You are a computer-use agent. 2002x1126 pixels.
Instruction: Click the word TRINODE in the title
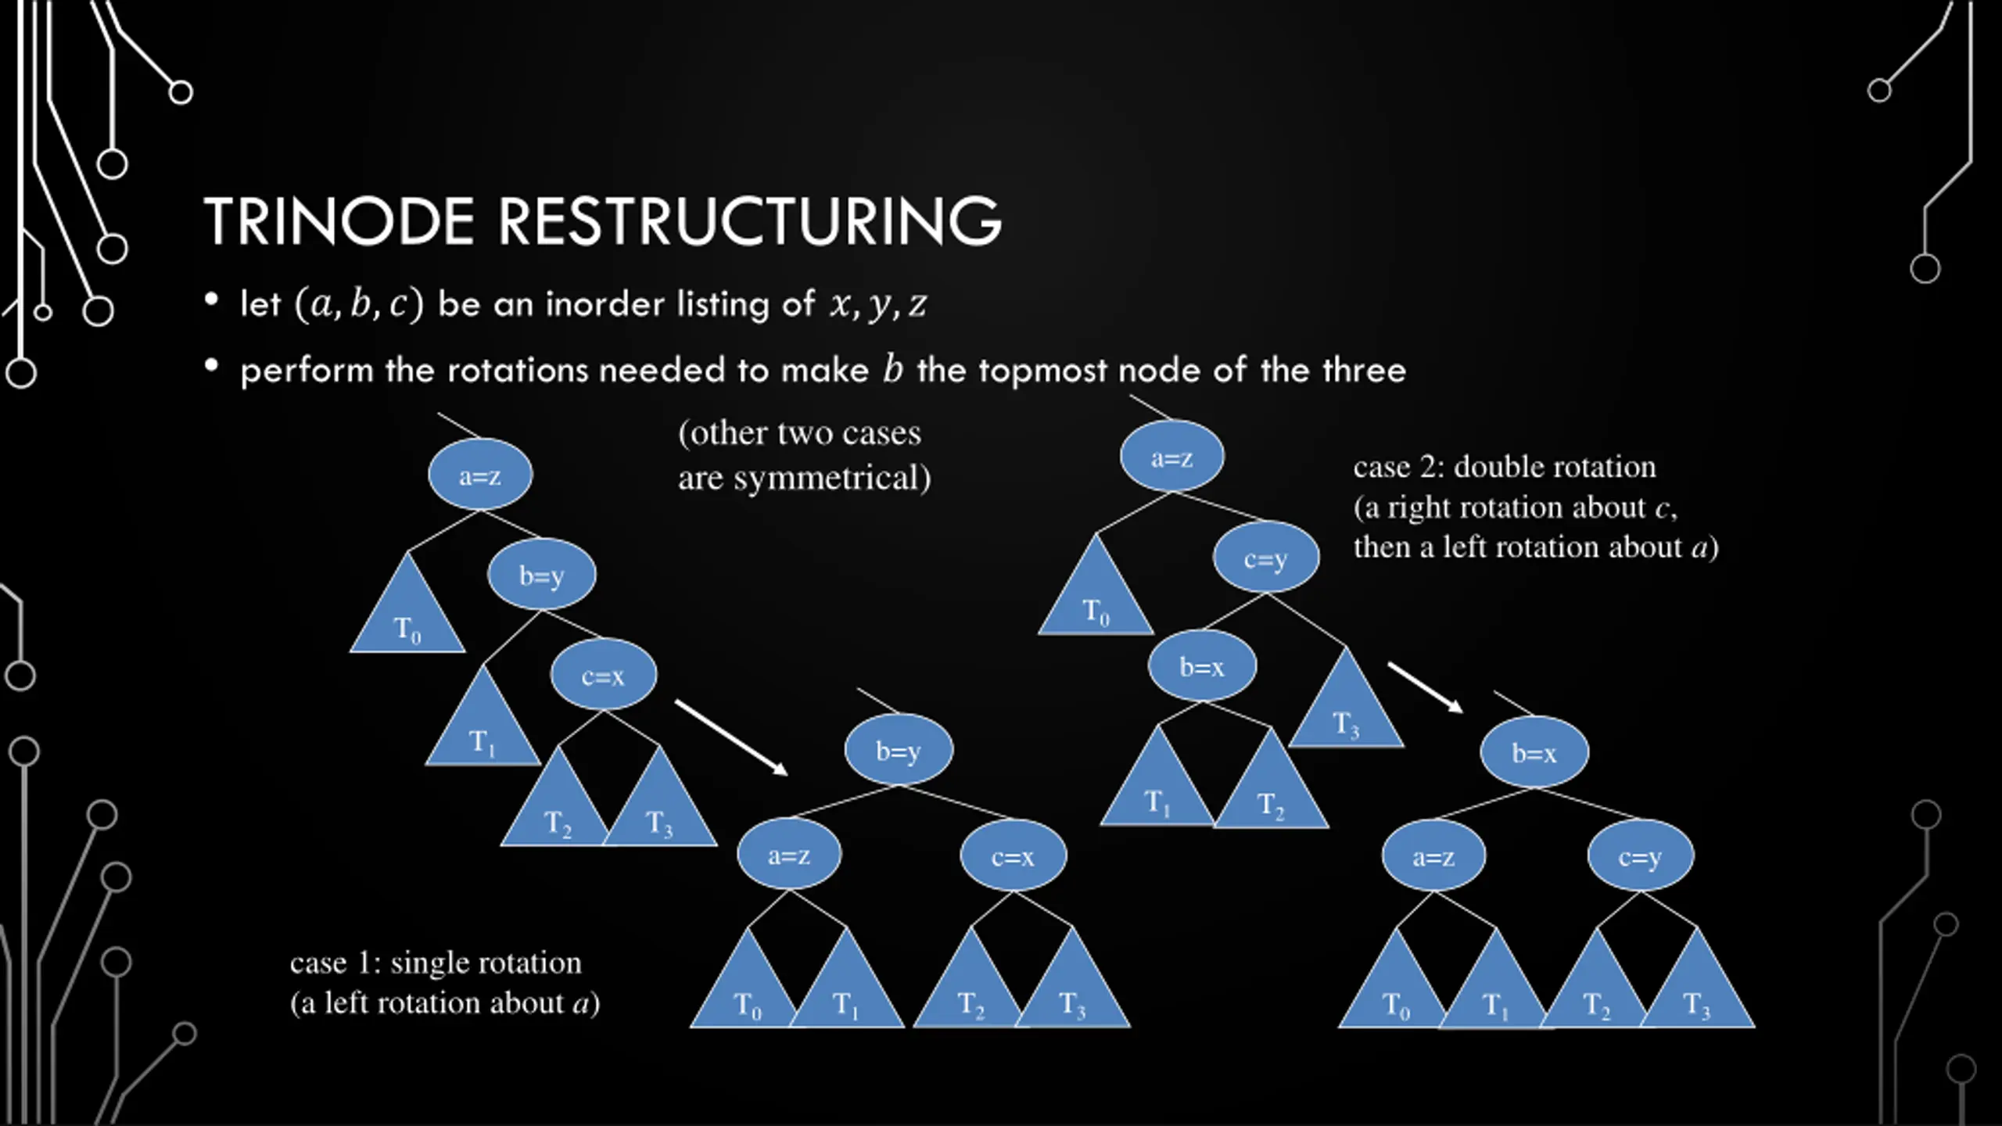[x=339, y=221]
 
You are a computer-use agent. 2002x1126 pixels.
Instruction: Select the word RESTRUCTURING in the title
[x=750, y=221]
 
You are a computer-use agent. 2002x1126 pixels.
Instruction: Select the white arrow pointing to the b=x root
[x=1425, y=687]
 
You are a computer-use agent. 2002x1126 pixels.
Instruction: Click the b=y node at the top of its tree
[x=899, y=751]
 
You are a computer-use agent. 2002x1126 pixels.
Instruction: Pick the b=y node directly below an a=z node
[x=541, y=575]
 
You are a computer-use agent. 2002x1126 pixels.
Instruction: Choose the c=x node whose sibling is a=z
[x=1013, y=856]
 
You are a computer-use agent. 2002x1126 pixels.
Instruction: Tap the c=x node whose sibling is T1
[x=603, y=675]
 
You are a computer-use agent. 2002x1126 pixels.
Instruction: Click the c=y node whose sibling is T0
[x=1266, y=558]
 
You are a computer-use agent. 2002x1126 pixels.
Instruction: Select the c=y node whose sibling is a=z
[x=1640, y=856]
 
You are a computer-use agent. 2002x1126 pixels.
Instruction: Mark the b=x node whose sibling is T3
[x=1202, y=666]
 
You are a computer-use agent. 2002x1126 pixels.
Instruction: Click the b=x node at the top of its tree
[x=1534, y=752]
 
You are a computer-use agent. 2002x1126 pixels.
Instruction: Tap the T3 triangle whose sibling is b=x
[x=1346, y=698]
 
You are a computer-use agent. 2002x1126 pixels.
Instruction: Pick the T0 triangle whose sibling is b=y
[x=407, y=603]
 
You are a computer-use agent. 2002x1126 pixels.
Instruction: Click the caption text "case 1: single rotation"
[x=436, y=963]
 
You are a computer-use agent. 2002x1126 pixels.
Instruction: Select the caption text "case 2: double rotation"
[x=1505, y=467]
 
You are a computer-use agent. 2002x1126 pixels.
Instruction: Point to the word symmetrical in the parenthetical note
[x=832, y=478]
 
